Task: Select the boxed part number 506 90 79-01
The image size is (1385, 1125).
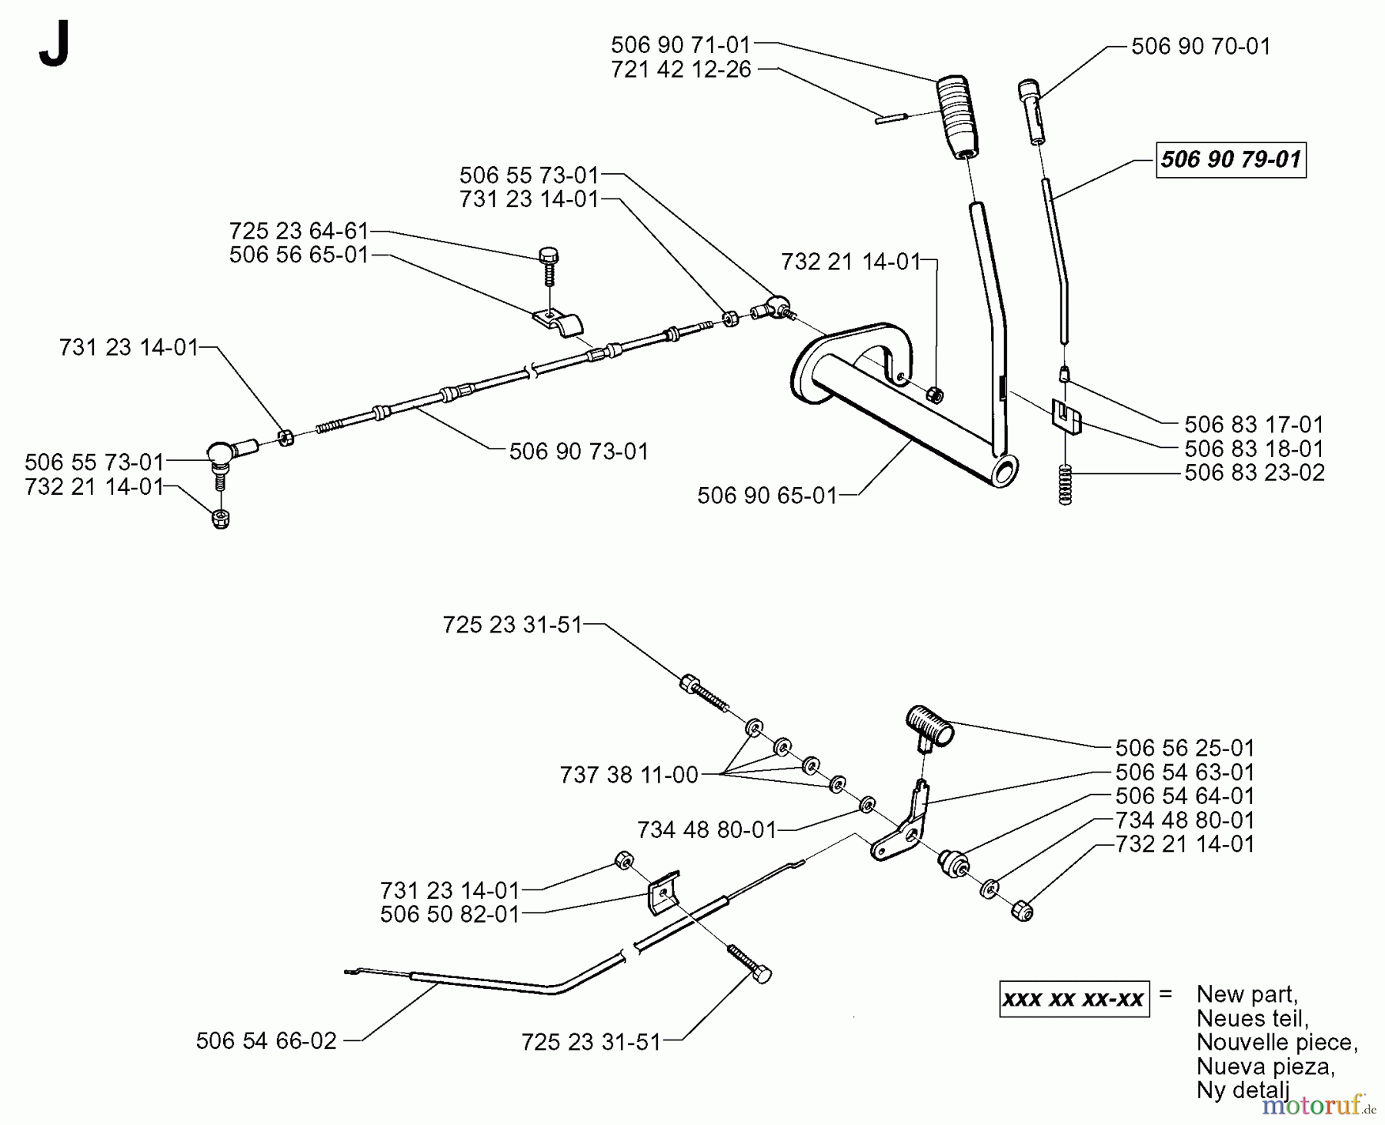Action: click(1230, 159)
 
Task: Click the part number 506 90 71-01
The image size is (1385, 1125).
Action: click(680, 45)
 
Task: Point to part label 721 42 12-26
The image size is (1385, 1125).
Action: click(680, 70)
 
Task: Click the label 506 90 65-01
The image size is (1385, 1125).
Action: click(766, 496)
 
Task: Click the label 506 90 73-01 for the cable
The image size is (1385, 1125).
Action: click(579, 451)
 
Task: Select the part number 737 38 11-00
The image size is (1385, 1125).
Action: click(629, 775)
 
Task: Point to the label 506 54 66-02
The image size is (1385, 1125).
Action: click(266, 1041)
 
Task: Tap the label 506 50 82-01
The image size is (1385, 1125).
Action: click(450, 914)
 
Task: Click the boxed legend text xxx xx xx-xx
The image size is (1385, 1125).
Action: click(1073, 1000)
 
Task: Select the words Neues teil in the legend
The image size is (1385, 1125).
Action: click(1252, 1018)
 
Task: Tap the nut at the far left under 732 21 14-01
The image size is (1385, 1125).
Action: click(221, 519)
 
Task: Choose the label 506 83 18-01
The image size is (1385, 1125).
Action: click(1254, 449)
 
